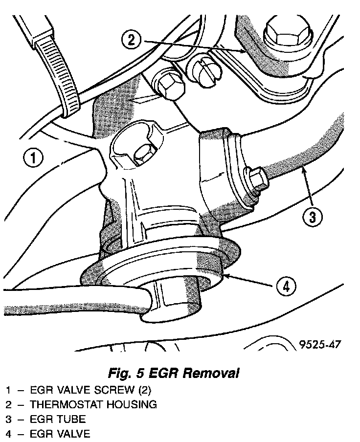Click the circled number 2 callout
coord(130,40)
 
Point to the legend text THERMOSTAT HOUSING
coord(93,404)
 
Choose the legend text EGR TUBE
coord(58,419)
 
